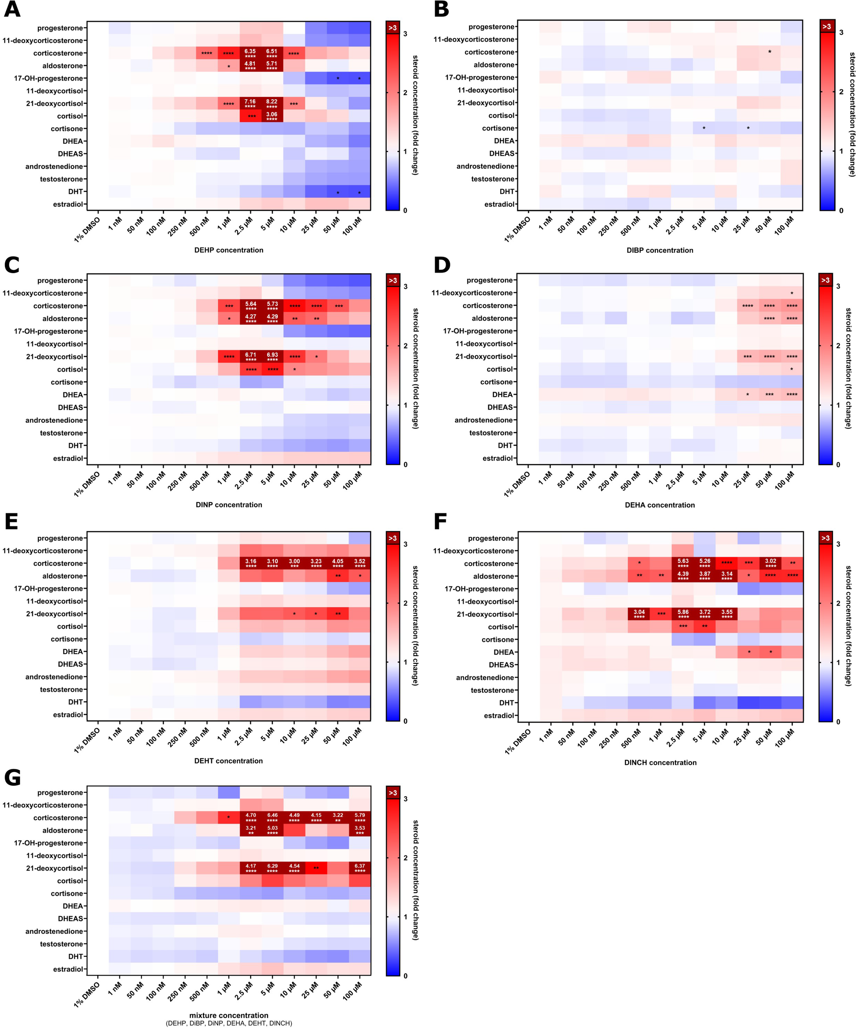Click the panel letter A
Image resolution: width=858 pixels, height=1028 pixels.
tap(12, 10)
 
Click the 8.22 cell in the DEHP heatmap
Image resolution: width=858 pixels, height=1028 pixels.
tap(272, 103)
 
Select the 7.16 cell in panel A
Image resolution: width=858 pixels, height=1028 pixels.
tap(250, 103)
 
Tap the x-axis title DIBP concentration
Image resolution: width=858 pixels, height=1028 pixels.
tap(660, 250)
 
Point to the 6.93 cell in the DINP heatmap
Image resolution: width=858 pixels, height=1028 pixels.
tap(272, 357)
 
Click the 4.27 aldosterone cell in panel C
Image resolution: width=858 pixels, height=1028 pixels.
tap(250, 318)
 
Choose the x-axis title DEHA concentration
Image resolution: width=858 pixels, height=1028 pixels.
tap(660, 505)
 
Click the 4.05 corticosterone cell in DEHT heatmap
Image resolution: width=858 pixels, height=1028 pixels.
tap(337, 563)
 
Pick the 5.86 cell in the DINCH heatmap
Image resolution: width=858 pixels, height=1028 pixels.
tap(683, 614)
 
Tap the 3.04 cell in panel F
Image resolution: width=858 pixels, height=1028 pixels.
tap(639, 614)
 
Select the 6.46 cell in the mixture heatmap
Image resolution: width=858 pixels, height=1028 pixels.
tap(272, 817)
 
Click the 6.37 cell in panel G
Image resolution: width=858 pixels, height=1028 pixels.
tap(360, 868)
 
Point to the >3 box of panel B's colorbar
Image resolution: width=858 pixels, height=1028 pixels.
tap(826, 26)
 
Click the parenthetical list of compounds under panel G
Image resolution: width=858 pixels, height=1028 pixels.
tap(229, 1023)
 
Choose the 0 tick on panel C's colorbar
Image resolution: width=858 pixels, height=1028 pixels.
tap(405, 464)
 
